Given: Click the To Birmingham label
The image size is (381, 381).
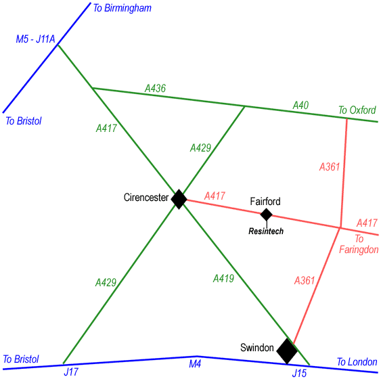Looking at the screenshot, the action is [122, 8].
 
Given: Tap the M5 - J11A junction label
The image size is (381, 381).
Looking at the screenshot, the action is [35, 39].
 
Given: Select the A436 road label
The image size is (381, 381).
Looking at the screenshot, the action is [155, 88].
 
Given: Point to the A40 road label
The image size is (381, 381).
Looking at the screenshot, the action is [300, 105].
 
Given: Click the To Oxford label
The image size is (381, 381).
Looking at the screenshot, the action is [357, 110].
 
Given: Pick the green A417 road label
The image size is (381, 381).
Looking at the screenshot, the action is [106, 128].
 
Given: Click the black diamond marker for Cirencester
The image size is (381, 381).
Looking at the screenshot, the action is [179, 199].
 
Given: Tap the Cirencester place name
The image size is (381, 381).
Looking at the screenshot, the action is [146, 198].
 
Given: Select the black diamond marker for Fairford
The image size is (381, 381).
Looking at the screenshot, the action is [267, 215].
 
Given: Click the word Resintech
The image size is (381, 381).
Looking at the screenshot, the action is [266, 231].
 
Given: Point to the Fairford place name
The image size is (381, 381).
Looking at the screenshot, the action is [265, 202].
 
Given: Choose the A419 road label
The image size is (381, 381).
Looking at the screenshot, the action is [223, 278].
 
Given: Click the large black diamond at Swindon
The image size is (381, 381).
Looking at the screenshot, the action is [287, 351].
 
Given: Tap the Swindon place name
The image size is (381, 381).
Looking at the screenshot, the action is [257, 347].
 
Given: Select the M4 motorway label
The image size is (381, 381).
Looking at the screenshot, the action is [195, 364].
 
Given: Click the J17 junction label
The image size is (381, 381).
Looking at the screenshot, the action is [71, 372].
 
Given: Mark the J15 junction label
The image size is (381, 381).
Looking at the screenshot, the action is [299, 373].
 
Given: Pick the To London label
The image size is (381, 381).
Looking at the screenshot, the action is [357, 362].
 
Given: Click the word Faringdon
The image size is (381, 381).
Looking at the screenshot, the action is [359, 250].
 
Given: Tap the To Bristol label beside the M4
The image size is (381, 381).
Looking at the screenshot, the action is [21, 359].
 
